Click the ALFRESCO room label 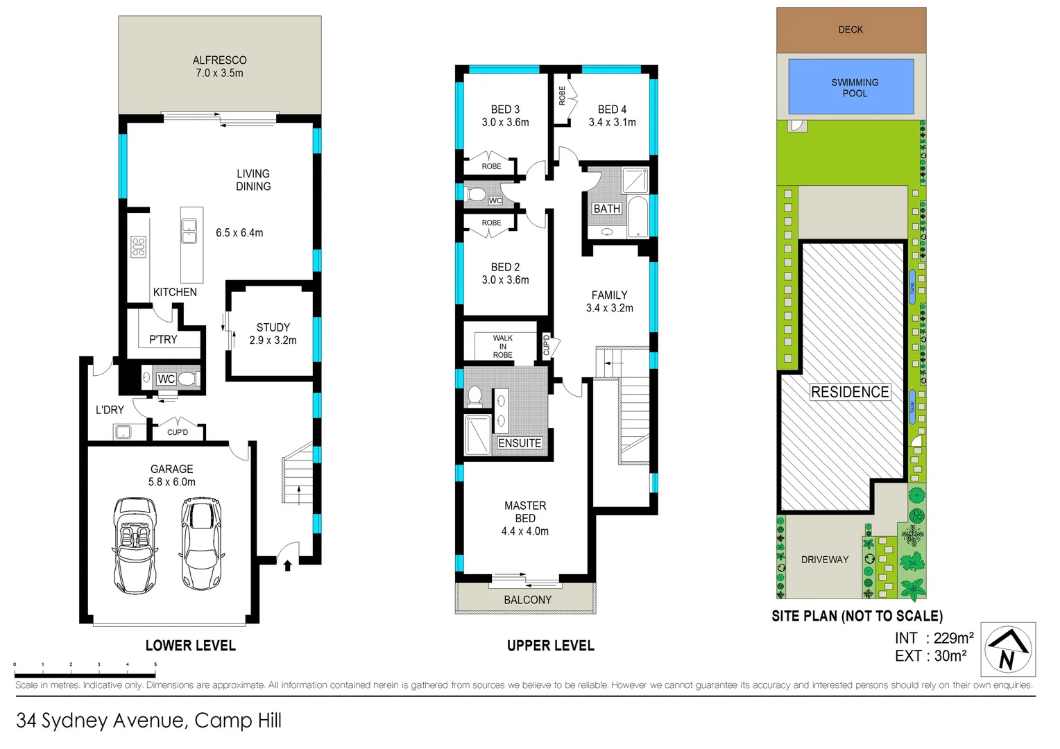click(219, 60)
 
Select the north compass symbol click(1008, 650)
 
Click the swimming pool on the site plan click(850, 87)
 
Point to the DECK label click(850, 30)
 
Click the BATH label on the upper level click(606, 209)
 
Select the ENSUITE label click(520, 443)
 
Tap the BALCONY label click(527, 600)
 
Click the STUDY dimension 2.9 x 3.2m click(273, 341)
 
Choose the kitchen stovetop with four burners click(139, 247)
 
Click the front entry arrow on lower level click(288, 566)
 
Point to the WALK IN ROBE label click(502, 347)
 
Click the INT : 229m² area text click(934, 638)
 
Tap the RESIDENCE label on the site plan click(850, 392)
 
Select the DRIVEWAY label click(824, 560)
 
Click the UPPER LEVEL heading click(550, 646)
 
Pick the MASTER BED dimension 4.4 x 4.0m click(524, 531)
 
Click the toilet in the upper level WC click(476, 195)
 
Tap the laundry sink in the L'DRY click(123, 433)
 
